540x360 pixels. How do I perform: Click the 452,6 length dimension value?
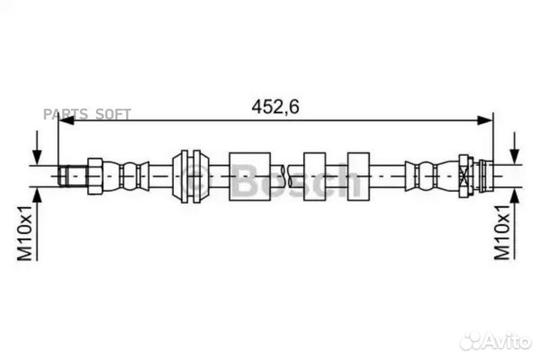point(275,106)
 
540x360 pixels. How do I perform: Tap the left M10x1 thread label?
point(25,232)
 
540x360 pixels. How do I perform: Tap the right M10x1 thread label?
point(502,232)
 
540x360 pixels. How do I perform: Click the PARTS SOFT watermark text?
point(87,114)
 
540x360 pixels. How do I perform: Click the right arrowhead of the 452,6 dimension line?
point(485,120)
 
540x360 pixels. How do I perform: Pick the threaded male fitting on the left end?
point(72,176)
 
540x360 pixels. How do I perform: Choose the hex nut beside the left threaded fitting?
point(94,176)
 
